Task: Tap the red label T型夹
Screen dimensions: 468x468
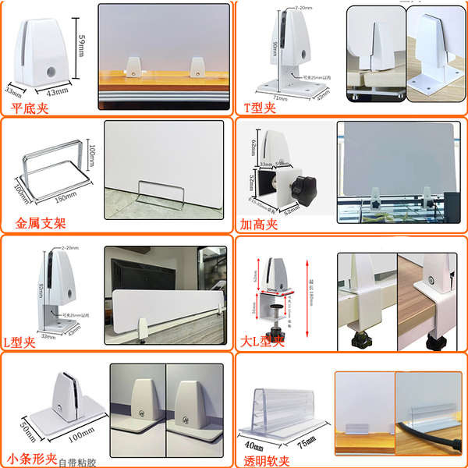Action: (x=261, y=107)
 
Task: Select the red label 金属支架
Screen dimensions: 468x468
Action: (x=41, y=223)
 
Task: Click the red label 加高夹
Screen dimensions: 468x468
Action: (x=261, y=223)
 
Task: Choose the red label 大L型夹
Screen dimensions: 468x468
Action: (x=263, y=342)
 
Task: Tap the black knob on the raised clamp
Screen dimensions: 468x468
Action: (x=302, y=188)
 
